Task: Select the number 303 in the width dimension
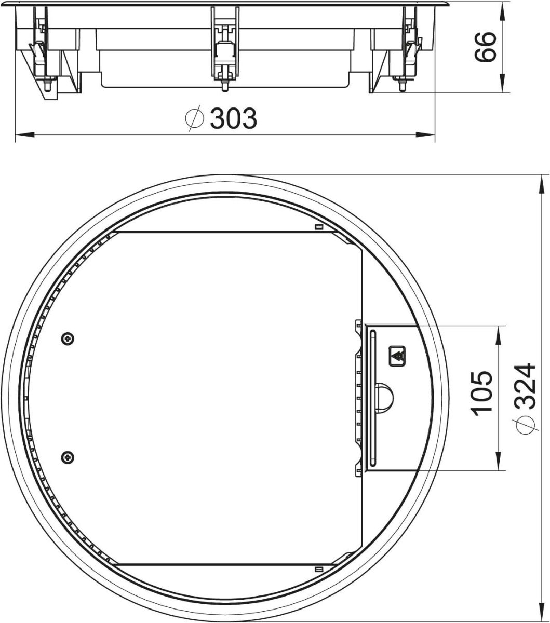(x=233, y=119)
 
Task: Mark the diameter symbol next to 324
(x=525, y=425)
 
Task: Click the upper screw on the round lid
(x=68, y=339)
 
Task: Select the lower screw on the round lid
(x=68, y=457)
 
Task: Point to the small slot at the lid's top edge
(x=319, y=227)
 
